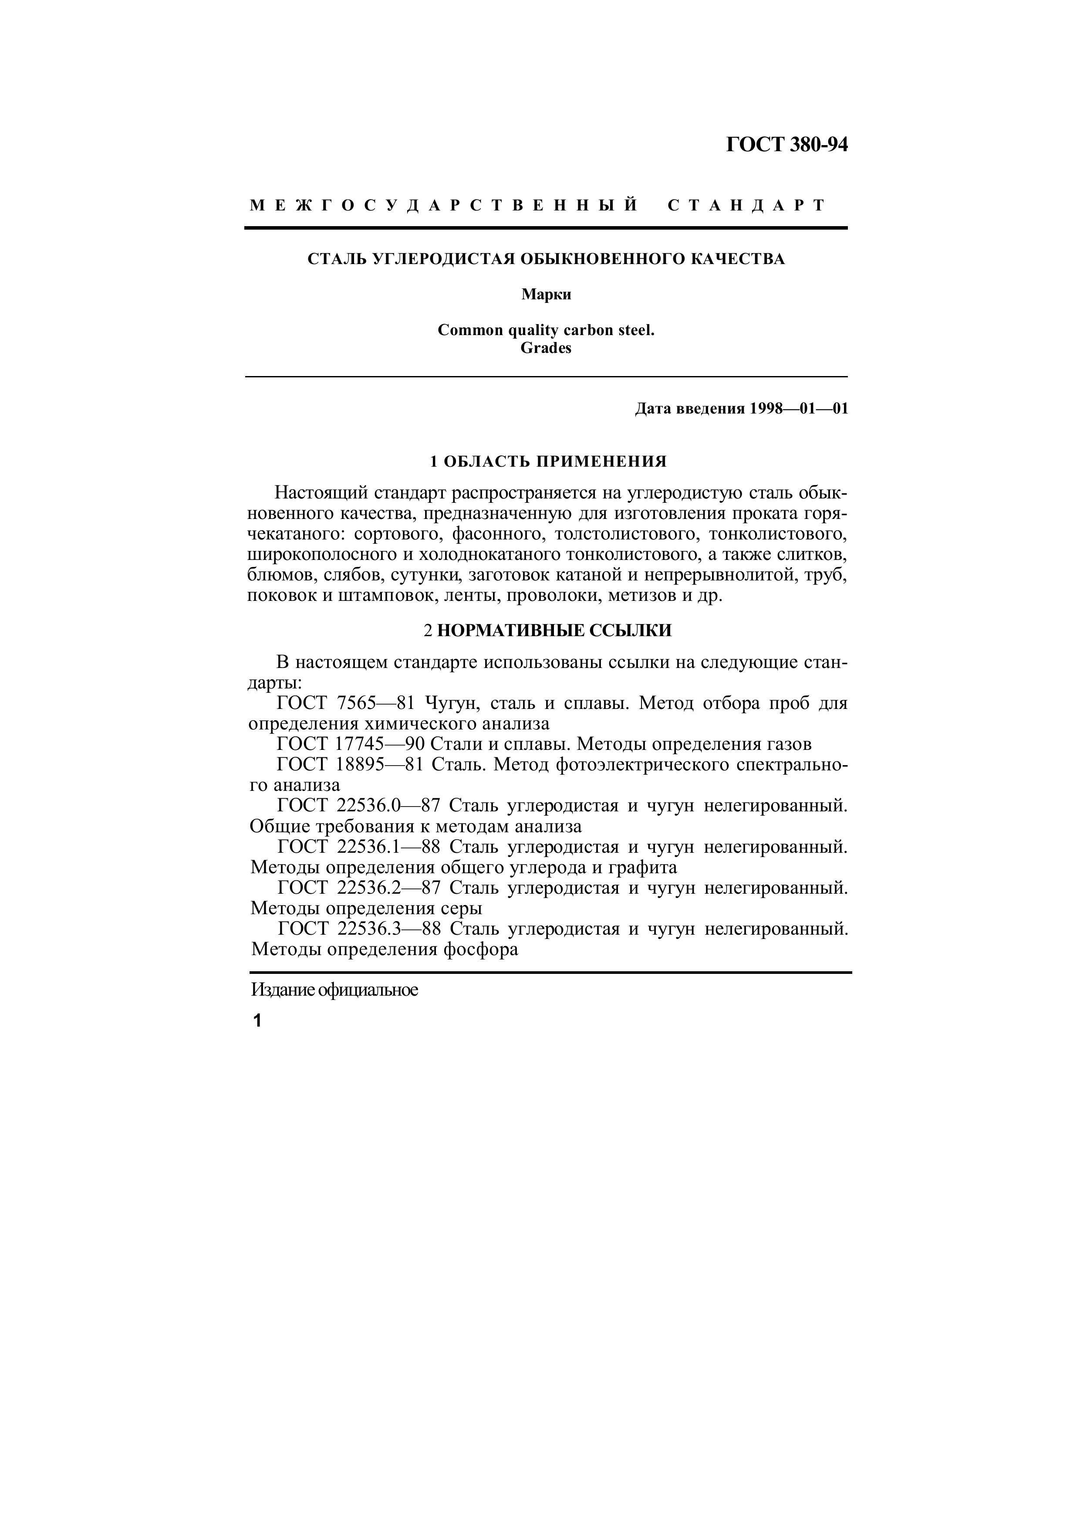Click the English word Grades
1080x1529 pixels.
[x=546, y=348]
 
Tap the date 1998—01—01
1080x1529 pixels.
[x=799, y=408]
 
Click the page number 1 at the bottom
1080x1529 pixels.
[x=257, y=1021]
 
